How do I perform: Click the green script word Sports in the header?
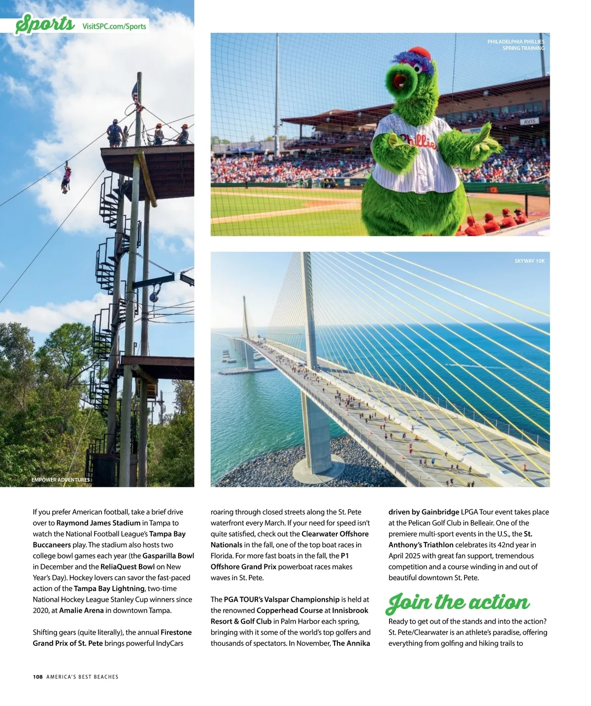coord(45,24)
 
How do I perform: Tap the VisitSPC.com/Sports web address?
coord(114,26)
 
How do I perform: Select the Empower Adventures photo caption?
coord(61,479)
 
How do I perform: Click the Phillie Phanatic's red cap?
coord(420,53)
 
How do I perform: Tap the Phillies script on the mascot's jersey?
coord(418,142)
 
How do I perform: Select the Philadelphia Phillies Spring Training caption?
coord(516,45)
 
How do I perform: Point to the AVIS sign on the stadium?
coord(529,121)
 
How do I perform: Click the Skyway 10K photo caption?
coord(529,261)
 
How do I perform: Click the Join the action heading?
coord(459,602)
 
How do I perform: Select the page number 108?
coord(38,676)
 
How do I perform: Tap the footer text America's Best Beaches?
coord(82,676)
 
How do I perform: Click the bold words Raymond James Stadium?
coord(98,523)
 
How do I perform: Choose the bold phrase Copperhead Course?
coord(290,610)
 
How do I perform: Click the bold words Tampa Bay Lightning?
coord(109,588)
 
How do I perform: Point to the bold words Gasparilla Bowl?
coord(168,556)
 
